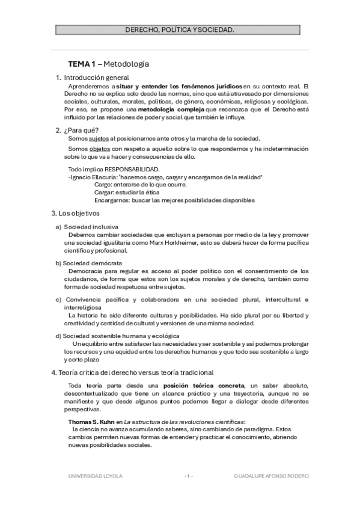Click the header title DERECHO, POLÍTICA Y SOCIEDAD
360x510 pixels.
coord(180,29)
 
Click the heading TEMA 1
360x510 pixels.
coord(81,64)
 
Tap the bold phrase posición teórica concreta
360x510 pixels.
coord(208,385)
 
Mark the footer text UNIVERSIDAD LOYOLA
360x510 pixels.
coord(95,476)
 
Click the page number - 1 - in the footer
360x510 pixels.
coord(188,476)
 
